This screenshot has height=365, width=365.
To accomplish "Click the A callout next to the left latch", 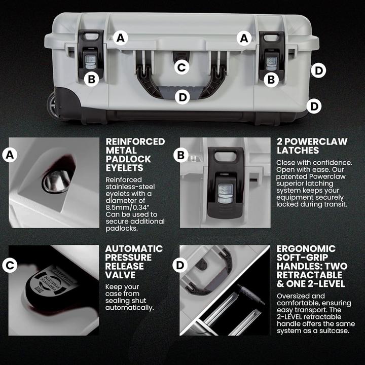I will pyautogui.click(x=120, y=37).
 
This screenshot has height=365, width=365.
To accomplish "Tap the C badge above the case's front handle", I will pyautogui.click(x=181, y=66).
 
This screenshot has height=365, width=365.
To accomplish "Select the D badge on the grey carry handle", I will pyautogui.click(x=181, y=96).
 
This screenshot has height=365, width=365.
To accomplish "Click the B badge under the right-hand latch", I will pyautogui.click(x=271, y=79).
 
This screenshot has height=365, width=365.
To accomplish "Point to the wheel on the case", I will pyautogui.click(x=53, y=105).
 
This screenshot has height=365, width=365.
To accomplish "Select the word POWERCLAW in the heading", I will pyautogui.click(x=312, y=141).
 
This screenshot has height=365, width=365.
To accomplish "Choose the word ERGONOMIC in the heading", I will pyautogui.click(x=306, y=249).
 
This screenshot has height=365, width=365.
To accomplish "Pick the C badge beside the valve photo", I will pyautogui.click(x=9, y=265).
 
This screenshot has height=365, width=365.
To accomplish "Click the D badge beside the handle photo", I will pyautogui.click(x=180, y=265).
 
